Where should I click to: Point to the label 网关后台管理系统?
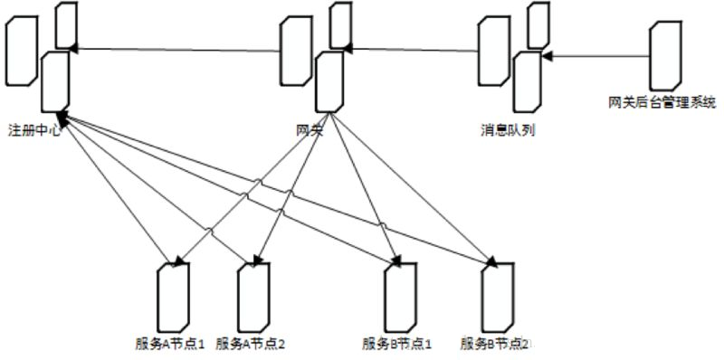click(x=662, y=100)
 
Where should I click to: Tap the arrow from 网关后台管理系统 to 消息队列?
click(x=597, y=56)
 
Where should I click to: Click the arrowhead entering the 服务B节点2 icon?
click(x=491, y=262)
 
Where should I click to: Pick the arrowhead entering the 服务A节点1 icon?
click(x=177, y=262)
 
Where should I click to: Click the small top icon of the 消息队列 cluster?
click(x=538, y=24)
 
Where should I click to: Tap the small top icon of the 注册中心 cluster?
click(x=65, y=24)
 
